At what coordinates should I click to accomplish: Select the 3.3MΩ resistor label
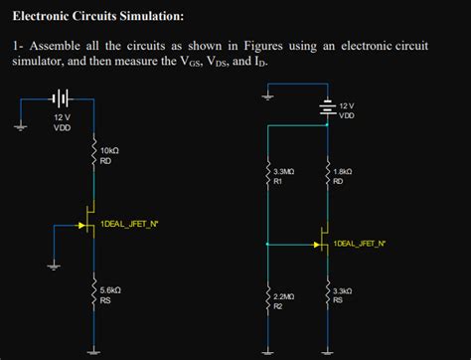pos(284,172)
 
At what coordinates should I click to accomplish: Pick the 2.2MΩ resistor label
pos(284,297)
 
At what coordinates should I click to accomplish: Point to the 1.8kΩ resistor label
pos(342,172)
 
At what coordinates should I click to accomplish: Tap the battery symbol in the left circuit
pos(61,98)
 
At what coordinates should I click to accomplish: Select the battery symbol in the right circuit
pos(327,109)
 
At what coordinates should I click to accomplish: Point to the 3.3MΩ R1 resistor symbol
pos(267,177)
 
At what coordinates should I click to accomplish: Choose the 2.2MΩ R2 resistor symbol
pos(267,301)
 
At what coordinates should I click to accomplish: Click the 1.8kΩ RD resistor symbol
pos(327,177)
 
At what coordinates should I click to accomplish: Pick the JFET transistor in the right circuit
pos(323,239)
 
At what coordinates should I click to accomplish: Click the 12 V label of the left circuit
pos(61,118)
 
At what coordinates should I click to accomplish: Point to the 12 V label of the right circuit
pos(347,105)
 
